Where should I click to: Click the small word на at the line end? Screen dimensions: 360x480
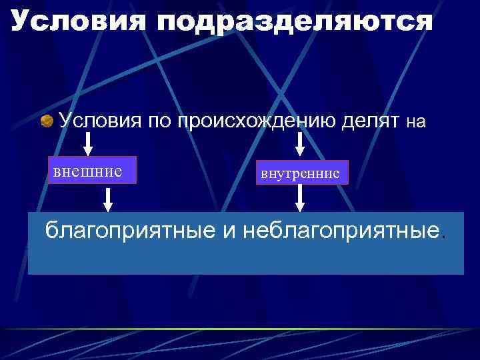415,122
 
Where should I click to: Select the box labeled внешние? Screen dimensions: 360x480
92,170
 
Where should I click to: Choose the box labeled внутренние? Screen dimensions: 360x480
300,173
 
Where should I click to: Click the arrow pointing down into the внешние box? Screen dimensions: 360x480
87,143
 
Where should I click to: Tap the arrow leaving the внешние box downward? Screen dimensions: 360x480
107,198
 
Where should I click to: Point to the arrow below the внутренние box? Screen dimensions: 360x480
301,198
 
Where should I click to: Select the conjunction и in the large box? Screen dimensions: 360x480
229,231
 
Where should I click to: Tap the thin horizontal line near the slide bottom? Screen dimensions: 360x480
240,329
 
